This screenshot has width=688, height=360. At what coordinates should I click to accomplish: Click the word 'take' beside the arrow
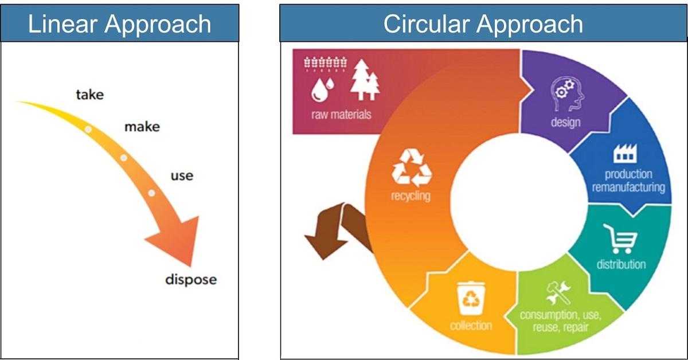point(90,95)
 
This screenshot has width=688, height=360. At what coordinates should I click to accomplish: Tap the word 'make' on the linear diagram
point(142,127)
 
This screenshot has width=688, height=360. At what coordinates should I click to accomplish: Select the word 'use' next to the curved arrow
point(182,176)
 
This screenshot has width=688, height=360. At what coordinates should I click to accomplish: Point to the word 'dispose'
point(191,280)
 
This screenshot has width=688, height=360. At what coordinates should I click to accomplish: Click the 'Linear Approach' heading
point(119,24)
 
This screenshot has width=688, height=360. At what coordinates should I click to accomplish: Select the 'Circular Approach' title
point(483,24)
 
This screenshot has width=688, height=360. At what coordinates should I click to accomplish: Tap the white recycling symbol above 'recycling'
point(412,168)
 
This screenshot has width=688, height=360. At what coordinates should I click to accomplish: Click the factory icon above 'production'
point(626,153)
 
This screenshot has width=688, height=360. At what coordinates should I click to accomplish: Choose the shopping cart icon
point(620,238)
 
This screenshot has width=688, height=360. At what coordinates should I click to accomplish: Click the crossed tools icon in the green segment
point(558,293)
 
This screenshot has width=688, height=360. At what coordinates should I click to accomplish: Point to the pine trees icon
point(365,80)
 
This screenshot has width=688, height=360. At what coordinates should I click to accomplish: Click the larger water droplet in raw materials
point(319,90)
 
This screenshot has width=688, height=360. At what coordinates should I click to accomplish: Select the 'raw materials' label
point(341,115)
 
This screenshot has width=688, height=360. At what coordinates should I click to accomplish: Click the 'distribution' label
point(621,264)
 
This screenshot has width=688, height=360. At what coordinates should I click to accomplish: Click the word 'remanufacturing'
point(628,187)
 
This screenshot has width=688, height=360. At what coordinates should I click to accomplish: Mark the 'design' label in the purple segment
point(565,123)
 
